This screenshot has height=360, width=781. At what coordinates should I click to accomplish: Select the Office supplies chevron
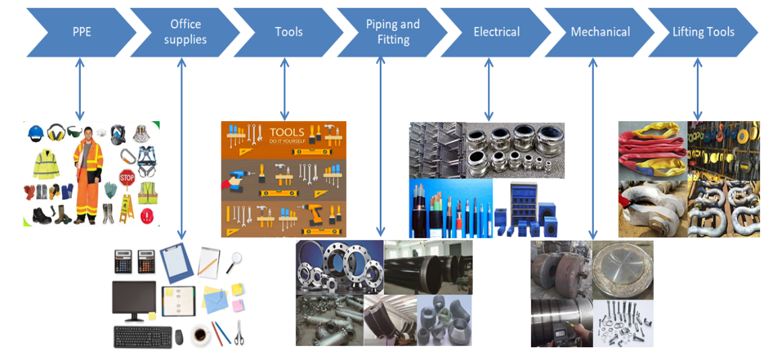pos(185,32)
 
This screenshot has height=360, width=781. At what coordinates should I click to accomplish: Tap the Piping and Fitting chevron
pos(393,32)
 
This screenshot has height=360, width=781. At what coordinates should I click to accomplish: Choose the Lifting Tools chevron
pos(703,32)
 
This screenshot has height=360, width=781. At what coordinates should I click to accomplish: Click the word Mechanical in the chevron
pos(600,32)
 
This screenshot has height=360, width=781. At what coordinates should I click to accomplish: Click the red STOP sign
pos(127,177)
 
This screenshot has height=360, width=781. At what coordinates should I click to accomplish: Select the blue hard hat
pos(36,133)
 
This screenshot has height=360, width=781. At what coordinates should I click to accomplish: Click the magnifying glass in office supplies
pos(234,260)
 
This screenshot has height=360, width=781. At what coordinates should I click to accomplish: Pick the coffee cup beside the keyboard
pos(200,334)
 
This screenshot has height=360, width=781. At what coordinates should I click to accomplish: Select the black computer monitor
pos(134,300)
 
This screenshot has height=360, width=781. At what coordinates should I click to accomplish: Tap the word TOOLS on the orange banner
pos(287,132)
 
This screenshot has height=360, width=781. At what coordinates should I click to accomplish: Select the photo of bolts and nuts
pos(622,323)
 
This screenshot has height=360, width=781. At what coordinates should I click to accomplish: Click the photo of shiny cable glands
pos(515,150)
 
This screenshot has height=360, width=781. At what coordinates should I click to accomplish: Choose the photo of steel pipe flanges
pos(339,267)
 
